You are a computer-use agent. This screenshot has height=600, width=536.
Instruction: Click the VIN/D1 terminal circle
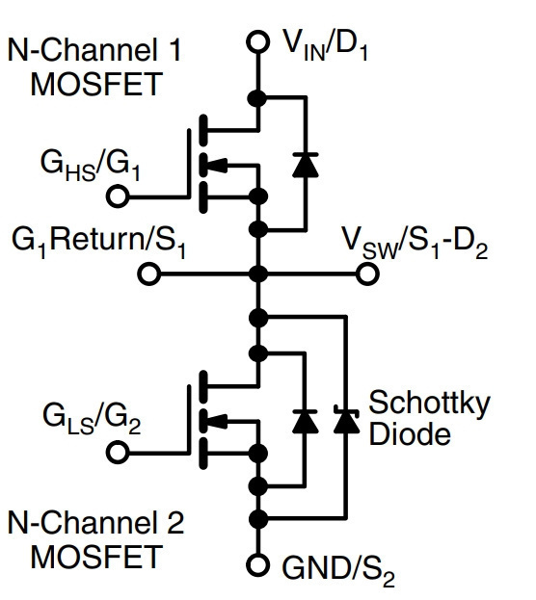[257, 41]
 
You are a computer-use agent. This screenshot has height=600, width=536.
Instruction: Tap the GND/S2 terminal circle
[257, 564]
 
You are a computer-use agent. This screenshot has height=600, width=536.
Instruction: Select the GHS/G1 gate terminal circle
[118, 196]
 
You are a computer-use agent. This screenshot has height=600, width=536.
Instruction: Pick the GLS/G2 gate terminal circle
[118, 452]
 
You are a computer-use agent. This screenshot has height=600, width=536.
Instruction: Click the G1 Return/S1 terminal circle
[149, 274]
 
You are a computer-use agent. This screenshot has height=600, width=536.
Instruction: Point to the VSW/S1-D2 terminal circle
[367, 274]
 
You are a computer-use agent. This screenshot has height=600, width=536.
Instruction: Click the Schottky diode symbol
[346, 419]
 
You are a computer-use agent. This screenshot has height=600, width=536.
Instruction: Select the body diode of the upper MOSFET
[306, 165]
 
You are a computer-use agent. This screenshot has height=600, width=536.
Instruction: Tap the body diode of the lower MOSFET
[306, 421]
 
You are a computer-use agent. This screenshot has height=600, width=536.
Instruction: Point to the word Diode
[410, 433]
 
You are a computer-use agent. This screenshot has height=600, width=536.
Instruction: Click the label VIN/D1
[325, 45]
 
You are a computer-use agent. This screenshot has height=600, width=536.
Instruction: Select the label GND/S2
[338, 569]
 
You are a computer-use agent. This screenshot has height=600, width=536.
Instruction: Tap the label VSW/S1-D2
[415, 244]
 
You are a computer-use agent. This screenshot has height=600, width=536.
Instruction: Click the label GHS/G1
[90, 166]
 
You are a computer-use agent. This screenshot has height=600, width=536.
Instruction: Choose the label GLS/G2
[92, 419]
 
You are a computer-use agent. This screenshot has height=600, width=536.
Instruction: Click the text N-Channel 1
[94, 50]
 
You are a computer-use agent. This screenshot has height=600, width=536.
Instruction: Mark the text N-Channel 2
[95, 522]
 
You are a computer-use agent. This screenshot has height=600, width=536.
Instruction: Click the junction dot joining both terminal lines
[257, 274]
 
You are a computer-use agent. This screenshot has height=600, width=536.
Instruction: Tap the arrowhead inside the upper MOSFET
[217, 166]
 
